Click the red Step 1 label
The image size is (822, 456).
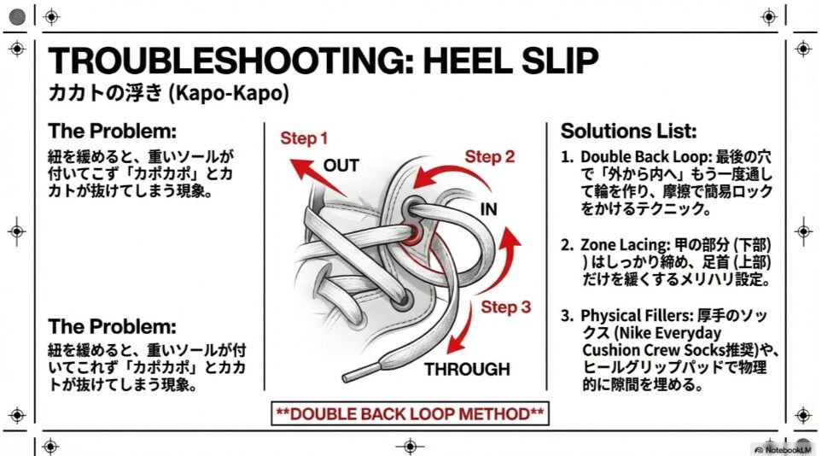point(305,138)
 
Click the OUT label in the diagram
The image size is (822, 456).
point(341,165)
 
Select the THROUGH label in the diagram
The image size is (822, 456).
point(467,370)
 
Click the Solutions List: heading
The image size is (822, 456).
point(628,132)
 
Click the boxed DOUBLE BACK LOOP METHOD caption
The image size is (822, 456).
point(409,413)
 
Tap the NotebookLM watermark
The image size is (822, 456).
point(784,448)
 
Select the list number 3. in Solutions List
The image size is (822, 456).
point(567,316)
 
